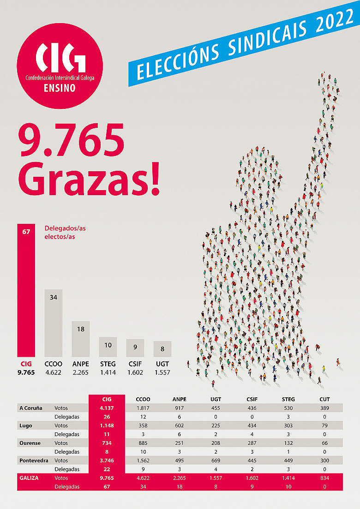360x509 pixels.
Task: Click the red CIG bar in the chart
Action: (26, 291)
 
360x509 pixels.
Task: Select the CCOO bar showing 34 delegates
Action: (54, 323)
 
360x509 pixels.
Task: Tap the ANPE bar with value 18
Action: (81, 339)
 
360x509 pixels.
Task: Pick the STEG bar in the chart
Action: (108, 347)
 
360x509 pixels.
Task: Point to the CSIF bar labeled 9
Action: (135, 348)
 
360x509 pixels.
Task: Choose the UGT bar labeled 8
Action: (162, 349)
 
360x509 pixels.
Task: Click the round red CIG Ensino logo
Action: (60, 66)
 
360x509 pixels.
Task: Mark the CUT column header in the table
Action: (324, 399)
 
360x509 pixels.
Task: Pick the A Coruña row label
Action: (31, 408)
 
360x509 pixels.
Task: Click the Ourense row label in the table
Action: (30, 443)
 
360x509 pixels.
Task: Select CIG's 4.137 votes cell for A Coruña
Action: (107, 408)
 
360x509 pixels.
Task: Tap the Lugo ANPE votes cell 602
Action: (180, 425)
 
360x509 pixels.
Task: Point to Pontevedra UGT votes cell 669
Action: (216, 461)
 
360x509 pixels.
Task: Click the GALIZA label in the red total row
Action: (29, 478)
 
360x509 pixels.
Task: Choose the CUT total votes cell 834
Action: (324, 478)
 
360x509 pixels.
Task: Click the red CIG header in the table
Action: (107, 399)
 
